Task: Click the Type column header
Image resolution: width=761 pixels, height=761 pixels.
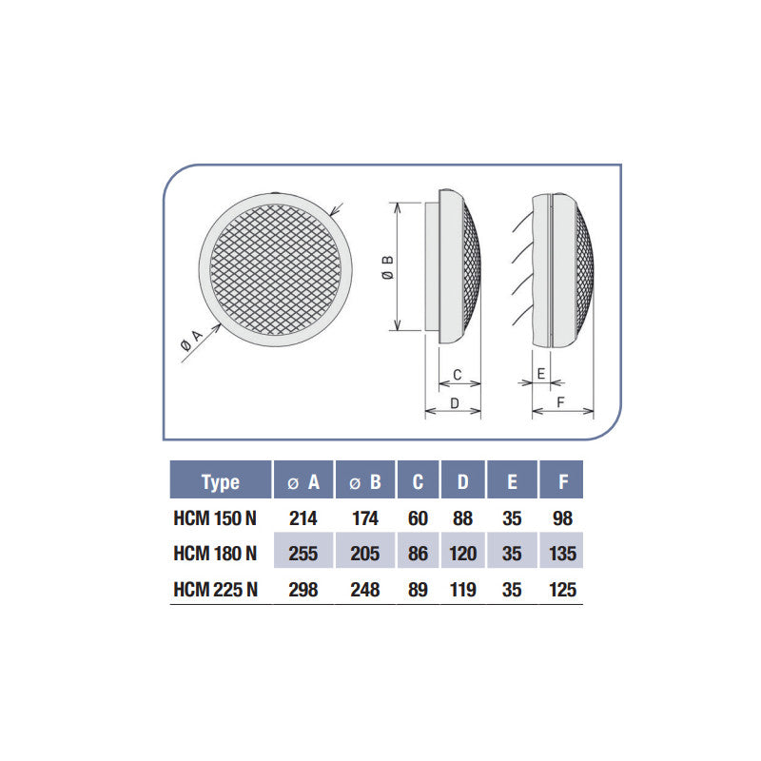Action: tap(221, 481)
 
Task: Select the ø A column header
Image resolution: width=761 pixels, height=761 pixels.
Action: tap(303, 481)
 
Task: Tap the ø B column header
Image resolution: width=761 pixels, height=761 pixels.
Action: tap(364, 481)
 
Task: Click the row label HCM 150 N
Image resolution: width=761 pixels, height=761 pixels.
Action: tap(215, 518)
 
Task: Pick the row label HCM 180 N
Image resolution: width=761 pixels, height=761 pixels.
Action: tap(215, 554)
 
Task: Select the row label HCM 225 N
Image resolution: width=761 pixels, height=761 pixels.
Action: tap(215, 589)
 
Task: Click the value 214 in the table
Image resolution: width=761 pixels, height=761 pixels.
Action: tap(302, 518)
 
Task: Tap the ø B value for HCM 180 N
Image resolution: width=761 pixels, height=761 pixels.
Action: tap(364, 554)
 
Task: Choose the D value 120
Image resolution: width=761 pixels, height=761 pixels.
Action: tap(463, 554)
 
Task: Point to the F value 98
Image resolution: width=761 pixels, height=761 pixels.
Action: tap(563, 518)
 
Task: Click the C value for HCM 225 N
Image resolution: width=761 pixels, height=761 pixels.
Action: tap(418, 589)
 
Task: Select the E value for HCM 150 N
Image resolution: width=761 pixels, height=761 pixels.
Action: tap(512, 518)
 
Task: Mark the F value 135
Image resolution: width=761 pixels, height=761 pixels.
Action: tap(563, 554)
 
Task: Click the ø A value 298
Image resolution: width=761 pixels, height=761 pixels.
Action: tap(302, 589)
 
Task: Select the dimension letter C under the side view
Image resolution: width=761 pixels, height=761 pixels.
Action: tap(457, 374)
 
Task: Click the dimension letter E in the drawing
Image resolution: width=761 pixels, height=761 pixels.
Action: tap(541, 374)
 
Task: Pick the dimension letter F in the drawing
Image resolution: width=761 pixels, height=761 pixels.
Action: tap(561, 402)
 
